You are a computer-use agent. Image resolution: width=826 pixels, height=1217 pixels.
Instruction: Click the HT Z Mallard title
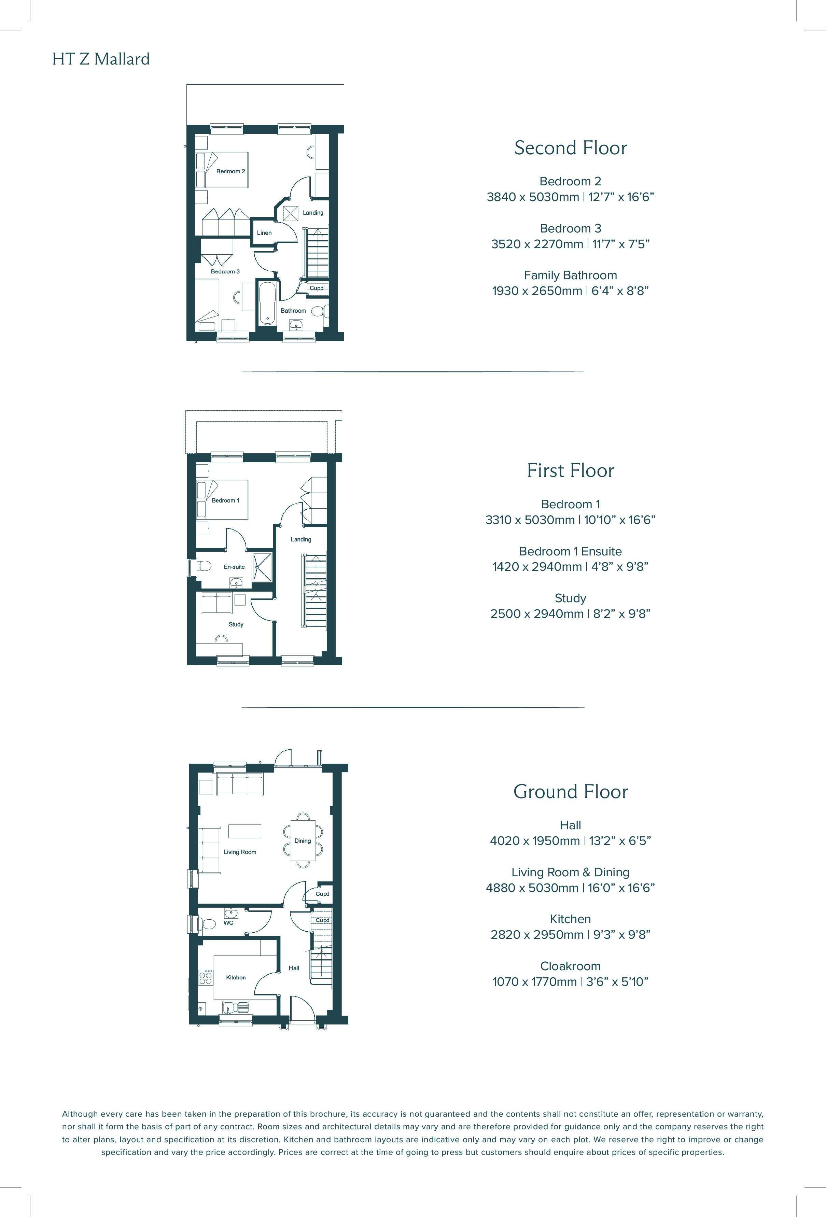(x=101, y=59)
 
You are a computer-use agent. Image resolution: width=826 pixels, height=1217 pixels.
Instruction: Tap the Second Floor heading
(x=570, y=148)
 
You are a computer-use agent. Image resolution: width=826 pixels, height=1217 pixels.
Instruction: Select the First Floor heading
(x=570, y=470)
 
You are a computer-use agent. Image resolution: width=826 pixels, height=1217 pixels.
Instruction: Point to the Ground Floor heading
(x=570, y=791)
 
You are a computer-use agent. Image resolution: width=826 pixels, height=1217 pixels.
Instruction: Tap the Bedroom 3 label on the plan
(x=225, y=271)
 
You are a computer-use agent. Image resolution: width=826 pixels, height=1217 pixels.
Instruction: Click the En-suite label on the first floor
(x=234, y=567)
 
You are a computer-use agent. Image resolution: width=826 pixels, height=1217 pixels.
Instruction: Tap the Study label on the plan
(x=236, y=624)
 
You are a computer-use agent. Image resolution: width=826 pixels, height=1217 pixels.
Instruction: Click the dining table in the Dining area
(x=303, y=840)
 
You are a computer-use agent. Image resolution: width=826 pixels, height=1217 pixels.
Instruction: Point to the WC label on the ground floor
(x=228, y=923)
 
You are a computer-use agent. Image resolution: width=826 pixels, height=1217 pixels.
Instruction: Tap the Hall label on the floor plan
(x=294, y=968)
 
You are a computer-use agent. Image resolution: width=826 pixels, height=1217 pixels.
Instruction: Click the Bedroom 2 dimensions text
(x=570, y=197)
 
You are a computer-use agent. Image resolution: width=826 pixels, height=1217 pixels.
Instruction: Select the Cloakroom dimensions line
(x=570, y=981)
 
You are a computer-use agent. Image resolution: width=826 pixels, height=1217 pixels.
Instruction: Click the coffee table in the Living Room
(x=244, y=831)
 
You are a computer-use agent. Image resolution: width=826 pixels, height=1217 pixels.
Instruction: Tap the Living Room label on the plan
(x=240, y=852)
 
